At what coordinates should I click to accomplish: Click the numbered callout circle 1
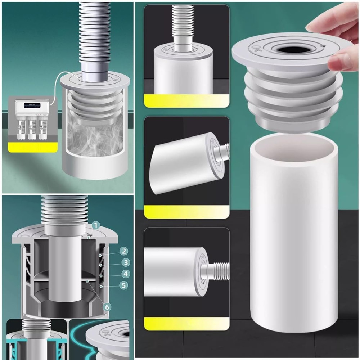[x=96, y=226]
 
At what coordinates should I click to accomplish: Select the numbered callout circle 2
[x=123, y=251]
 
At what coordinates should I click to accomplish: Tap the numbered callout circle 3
[x=125, y=262]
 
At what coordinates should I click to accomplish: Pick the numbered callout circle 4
[x=125, y=274]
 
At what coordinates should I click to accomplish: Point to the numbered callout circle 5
[x=124, y=285]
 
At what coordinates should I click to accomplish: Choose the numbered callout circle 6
[x=107, y=307]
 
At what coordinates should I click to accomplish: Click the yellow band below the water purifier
[x=33, y=147]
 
